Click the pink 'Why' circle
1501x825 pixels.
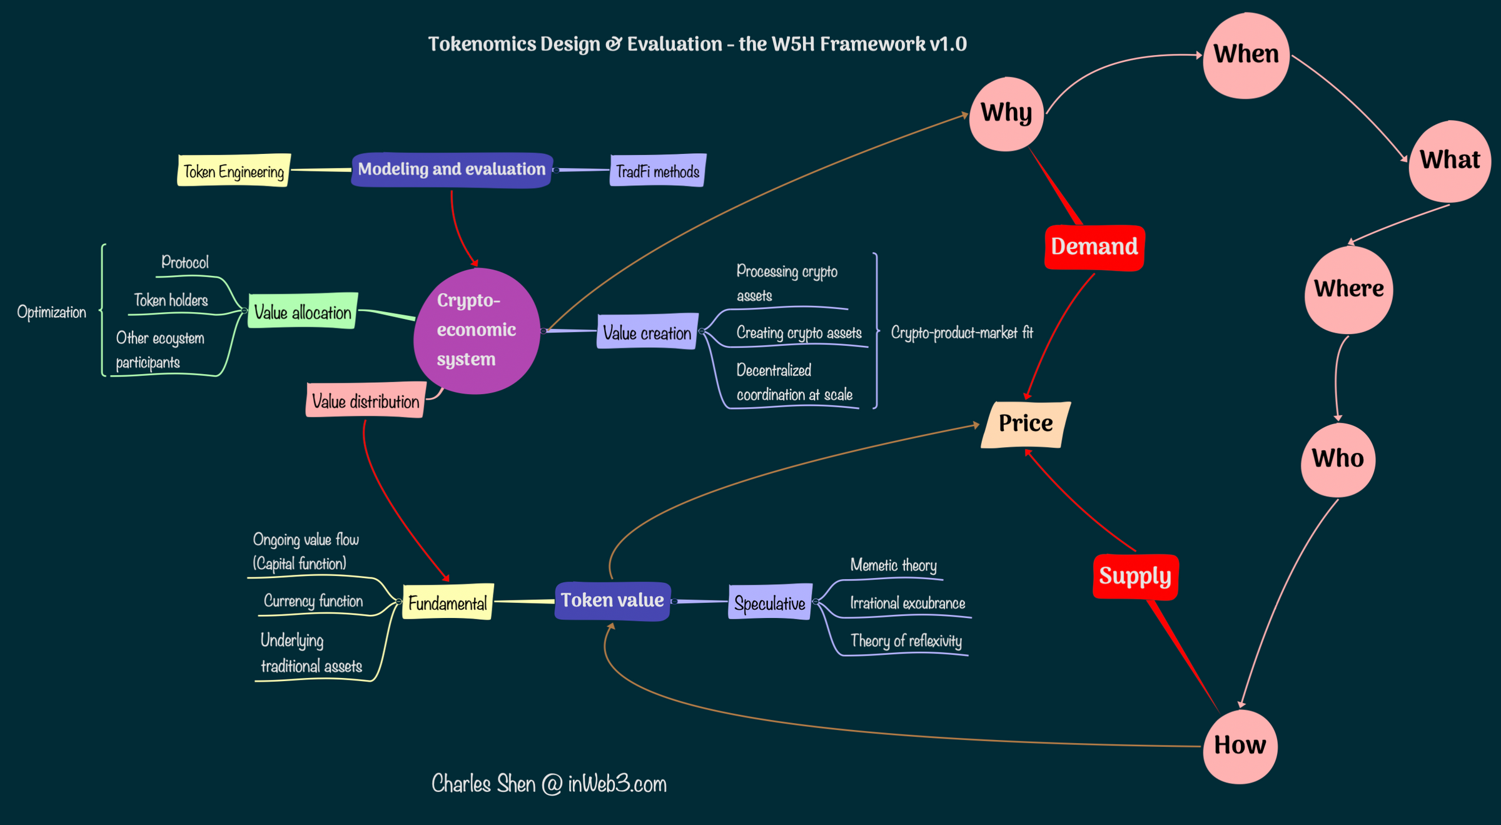[1006, 114]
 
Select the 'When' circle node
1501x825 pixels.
[1246, 55]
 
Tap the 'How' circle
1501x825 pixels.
[1240, 746]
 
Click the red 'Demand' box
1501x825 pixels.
[1094, 247]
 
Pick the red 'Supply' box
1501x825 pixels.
[1135, 576]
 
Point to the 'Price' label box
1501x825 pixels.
[1026, 424]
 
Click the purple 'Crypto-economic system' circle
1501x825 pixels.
[476, 330]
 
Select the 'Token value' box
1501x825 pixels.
[612, 600]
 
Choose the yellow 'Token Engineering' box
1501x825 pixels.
[234, 171]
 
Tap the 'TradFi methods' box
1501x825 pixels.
[657, 171]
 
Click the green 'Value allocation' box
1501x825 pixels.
[303, 311]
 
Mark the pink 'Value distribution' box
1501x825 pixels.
[365, 401]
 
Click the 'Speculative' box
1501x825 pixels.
[770, 603]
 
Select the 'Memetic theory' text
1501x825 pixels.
[893, 565]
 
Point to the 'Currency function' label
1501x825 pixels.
[313, 601]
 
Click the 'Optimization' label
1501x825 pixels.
[51, 311]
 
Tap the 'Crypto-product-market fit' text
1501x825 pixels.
[961, 332]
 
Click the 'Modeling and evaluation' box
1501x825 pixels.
[452, 170]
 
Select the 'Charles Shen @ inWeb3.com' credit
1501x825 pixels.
[548, 784]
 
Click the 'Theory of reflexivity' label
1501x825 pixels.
[906, 640]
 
